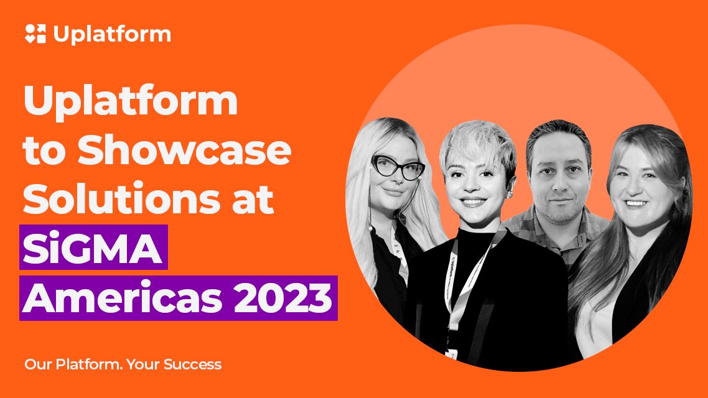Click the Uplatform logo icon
pyautogui.click(x=35, y=34)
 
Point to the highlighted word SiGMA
pyautogui.click(x=93, y=248)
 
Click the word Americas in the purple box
pyautogui.click(x=122, y=298)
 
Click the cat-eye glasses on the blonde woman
pyautogui.click(x=398, y=167)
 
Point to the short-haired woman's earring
pyautogui.click(x=511, y=195)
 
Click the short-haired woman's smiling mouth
pyautogui.click(x=472, y=201)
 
